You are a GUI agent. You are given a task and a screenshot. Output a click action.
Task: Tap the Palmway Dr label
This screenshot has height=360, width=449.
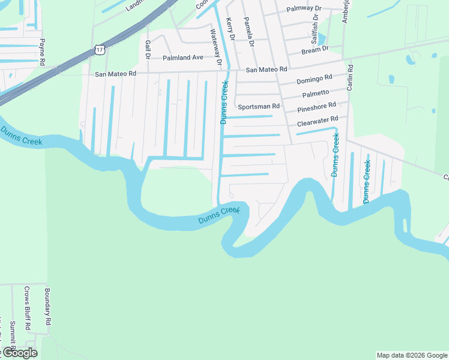click(x=304, y=9)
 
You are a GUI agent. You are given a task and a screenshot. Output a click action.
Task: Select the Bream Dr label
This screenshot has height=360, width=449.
click(x=315, y=50)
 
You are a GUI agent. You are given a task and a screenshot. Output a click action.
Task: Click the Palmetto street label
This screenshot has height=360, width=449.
click(x=316, y=94)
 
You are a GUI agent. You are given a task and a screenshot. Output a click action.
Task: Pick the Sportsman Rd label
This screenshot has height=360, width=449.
click(x=259, y=106)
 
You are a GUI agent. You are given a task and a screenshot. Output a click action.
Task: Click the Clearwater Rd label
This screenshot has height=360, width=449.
click(x=318, y=122)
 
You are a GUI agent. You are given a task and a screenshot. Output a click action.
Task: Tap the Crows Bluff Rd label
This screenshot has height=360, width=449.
click(x=27, y=308)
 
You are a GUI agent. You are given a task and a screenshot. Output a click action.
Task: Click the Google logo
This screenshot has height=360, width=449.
click(x=19, y=353)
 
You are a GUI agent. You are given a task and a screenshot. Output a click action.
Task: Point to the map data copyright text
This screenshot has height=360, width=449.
click(x=412, y=355)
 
